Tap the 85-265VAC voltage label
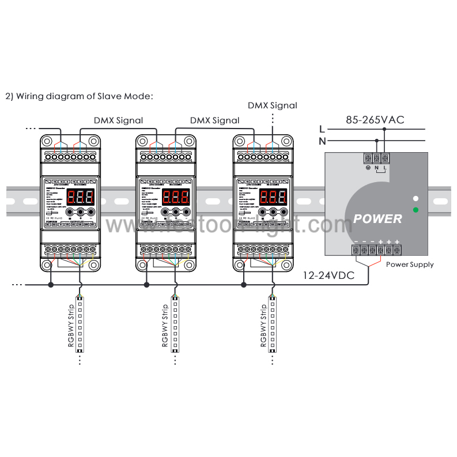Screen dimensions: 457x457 coord(375,120)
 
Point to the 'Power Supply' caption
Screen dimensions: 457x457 coord(410,265)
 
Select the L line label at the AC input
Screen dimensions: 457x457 coord(322,129)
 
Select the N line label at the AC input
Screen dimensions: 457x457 coord(322,140)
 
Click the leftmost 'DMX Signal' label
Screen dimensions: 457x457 coord(118,120)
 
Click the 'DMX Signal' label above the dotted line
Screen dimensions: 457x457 coord(273,105)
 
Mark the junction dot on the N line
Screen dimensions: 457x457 coord(377,140)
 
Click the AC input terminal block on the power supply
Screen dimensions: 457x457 coord(376,157)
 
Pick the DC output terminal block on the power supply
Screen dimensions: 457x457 coord(376,250)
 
